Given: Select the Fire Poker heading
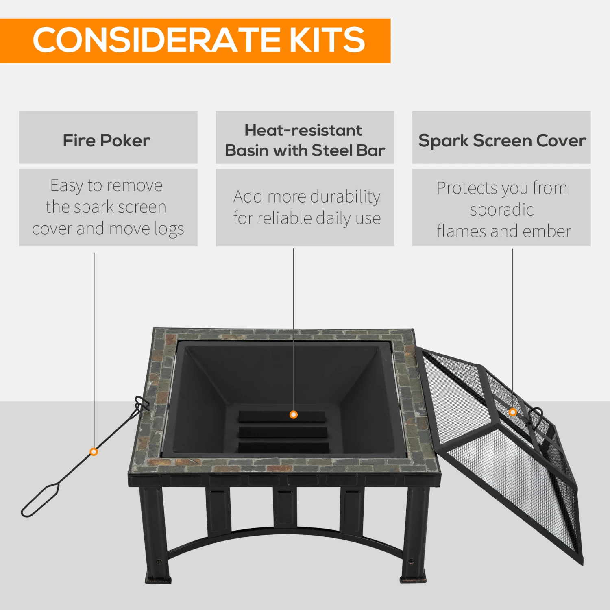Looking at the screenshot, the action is click(x=107, y=140).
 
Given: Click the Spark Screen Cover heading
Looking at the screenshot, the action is click(x=502, y=141).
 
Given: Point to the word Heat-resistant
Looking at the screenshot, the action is click(x=303, y=130).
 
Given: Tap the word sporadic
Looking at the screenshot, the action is click(x=502, y=210).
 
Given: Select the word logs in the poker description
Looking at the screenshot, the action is click(x=169, y=229).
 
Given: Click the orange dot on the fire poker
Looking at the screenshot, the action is click(x=94, y=452).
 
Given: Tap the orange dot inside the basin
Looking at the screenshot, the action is click(x=293, y=415).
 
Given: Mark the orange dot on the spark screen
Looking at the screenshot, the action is click(x=513, y=412).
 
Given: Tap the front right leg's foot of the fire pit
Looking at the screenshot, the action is click(x=413, y=577).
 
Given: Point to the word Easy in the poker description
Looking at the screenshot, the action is click(x=67, y=186).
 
